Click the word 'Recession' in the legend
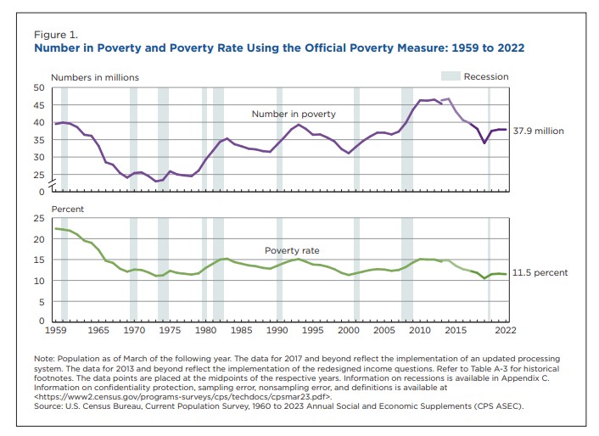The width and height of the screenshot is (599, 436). [486, 76]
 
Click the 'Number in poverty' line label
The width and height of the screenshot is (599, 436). [293, 114]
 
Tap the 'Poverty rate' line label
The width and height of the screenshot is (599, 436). [292, 251]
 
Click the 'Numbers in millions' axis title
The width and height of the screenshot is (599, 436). [95, 77]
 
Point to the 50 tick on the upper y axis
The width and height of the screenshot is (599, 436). [39, 87]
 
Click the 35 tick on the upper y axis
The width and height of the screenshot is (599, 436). [39, 157]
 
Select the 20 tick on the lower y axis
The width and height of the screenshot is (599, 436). [39, 238]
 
